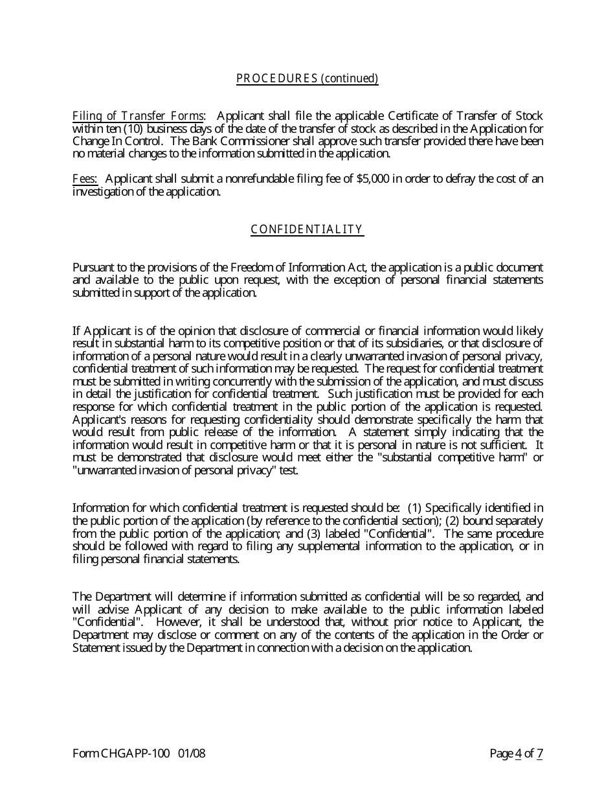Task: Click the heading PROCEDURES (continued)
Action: click(307, 78)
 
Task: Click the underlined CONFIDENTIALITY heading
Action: click(307, 229)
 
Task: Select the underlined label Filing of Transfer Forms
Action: click(139, 116)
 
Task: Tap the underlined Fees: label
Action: click(85, 179)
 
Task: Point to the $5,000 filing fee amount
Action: click(373, 179)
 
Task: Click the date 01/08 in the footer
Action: click(193, 753)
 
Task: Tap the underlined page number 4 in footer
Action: click(518, 753)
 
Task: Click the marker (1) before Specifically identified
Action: click(414, 507)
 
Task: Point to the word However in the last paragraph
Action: click(177, 621)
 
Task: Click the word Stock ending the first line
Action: click(529, 116)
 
